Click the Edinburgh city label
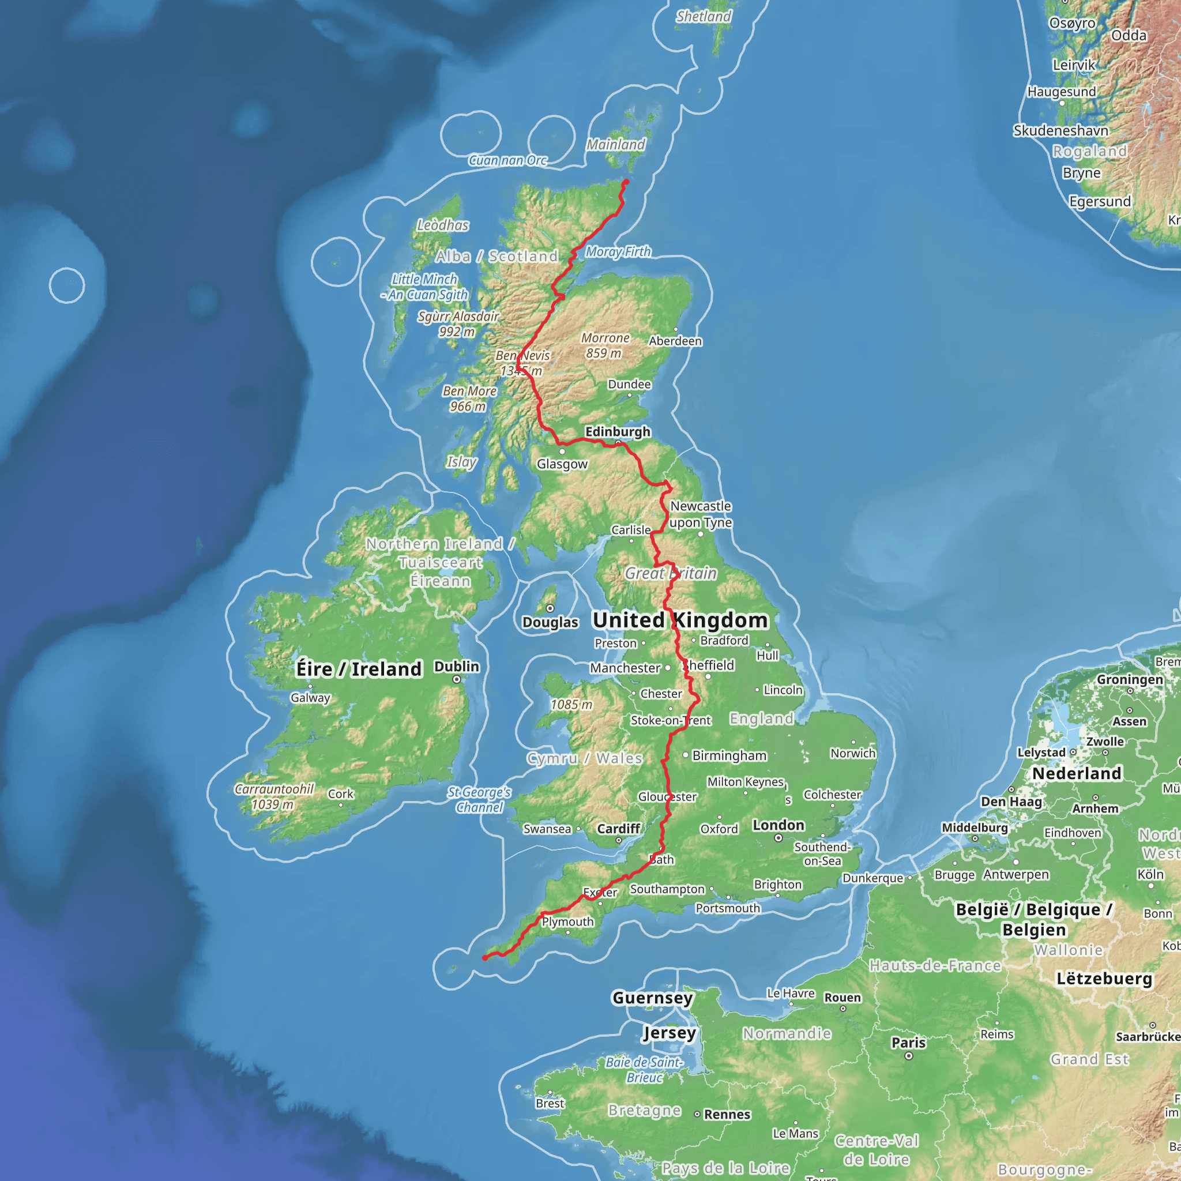tap(618, 431)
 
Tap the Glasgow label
tap(562, 464)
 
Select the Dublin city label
tap(457, 666)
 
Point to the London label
tap(778, 825)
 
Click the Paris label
tap(908, 1042)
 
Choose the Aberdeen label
tap(675, 341)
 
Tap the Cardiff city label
tap(619, 829)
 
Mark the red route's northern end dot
tap(625, 182)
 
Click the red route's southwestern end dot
tap(485, 958)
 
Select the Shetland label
tap(703, 17)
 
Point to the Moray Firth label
tap(618, 251)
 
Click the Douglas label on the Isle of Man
tap(550, 622)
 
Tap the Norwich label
tap(853, 753)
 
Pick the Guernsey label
tap(652, 998)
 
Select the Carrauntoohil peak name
tap(274, 789)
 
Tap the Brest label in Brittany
tap(550, 1103)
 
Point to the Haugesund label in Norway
tap(1062, 92)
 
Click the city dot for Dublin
tap(457, 680)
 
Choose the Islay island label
tap(461, 462)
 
